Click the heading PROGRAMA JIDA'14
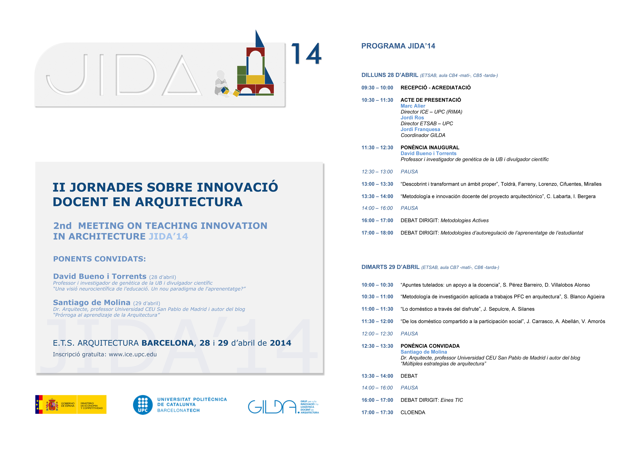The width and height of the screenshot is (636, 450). coord(398,46)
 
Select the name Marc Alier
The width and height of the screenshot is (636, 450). coord(413,106)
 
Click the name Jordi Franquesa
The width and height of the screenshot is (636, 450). coord(420,130)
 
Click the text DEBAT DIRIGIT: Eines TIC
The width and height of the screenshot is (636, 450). coord(432,400)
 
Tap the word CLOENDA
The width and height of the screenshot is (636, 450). coord(413,413)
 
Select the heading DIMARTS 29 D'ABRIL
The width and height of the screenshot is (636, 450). coord(390,267)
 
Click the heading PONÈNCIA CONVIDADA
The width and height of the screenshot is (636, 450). coord(430,346)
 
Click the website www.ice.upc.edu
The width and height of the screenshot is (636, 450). coord(133,354)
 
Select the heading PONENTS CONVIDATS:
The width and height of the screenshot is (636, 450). coord(99,259)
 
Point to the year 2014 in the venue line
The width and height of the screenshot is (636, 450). coord(280,343)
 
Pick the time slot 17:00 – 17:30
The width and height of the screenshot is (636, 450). coord(377,413)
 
